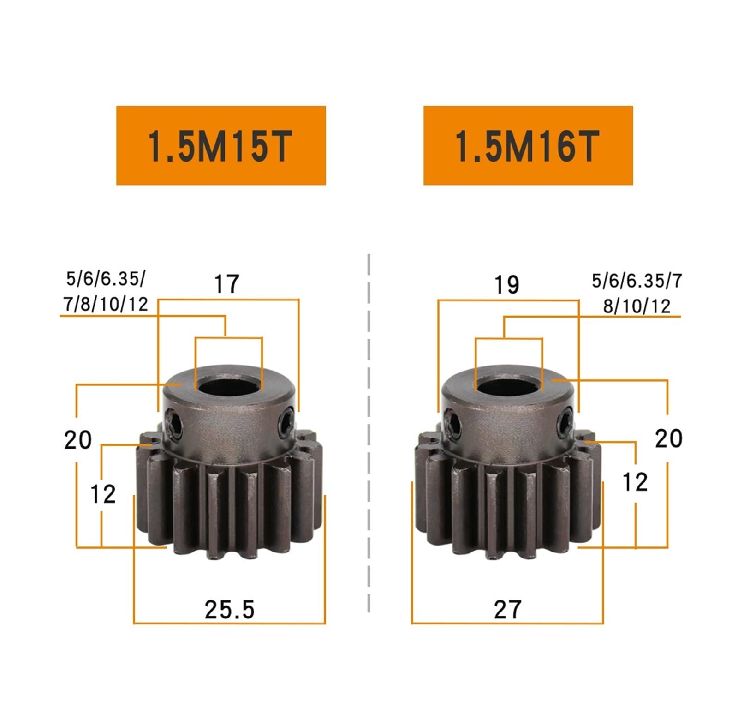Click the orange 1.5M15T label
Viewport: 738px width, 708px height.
(x=221, y=145)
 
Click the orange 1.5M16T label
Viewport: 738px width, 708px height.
(x=528, y=145)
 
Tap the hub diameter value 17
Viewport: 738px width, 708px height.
(x=227, y=284)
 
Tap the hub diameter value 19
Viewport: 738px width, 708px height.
(x=506, y=285)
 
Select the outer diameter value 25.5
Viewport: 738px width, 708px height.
(x=229, y=609)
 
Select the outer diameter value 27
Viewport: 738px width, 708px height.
(x=507, y=609)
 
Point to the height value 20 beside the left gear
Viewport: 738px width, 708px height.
(x=77, y=439)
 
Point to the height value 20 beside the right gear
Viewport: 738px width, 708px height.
(x=668, y=438)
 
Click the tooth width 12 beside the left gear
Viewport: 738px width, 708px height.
(x=102, y=494)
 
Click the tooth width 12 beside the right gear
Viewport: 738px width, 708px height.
(x=635, y=482)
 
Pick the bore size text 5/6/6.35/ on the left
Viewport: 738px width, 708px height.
(x=106, y=279)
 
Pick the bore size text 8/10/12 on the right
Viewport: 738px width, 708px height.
(x=637, y=306)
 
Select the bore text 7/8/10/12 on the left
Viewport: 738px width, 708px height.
(x=106, y=304)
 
